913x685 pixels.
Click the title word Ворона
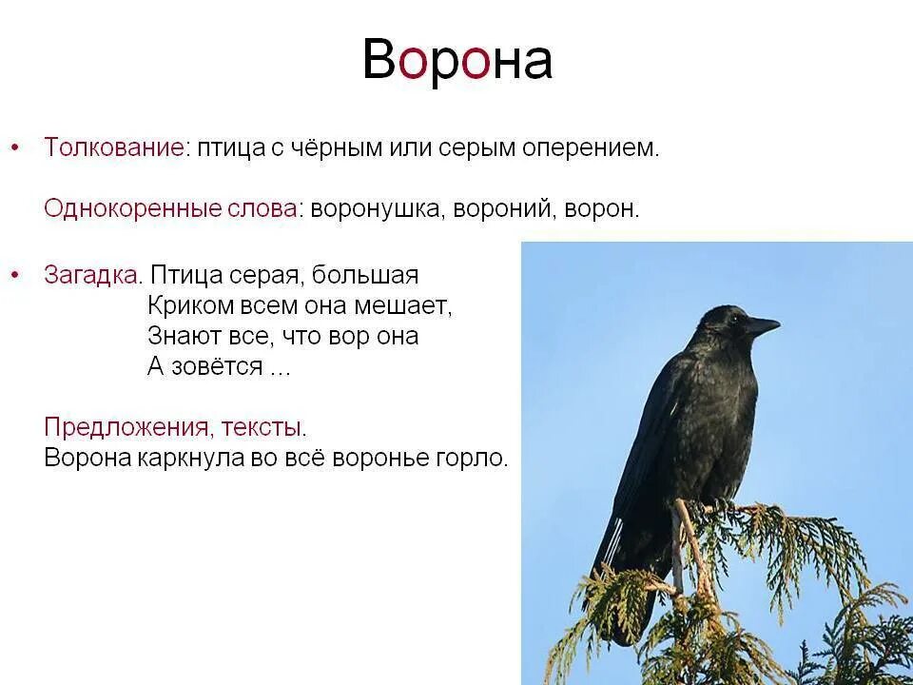click(456, 61)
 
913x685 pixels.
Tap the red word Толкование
click(113, 148)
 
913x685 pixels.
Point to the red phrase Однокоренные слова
click(171, 209)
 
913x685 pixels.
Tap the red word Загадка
click(92, 276)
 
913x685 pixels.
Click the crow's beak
click(761, 326)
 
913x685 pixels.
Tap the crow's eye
click(730, 320)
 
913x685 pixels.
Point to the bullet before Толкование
click(14, 148)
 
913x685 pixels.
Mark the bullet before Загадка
click(14, 276)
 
